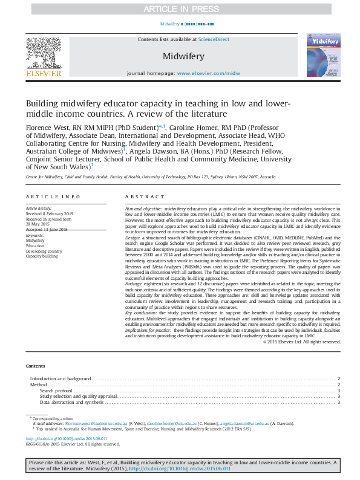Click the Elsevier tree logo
(x=43, y=54)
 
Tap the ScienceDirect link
(x=215, y=39)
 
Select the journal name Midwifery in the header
(x=183, y=56)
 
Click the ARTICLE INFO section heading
(x=53, y=197)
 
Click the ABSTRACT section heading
(x=145, y=197)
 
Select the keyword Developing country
(x=44, y=251)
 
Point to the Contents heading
(x=35, y=366)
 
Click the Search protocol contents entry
(x=56, y=391)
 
